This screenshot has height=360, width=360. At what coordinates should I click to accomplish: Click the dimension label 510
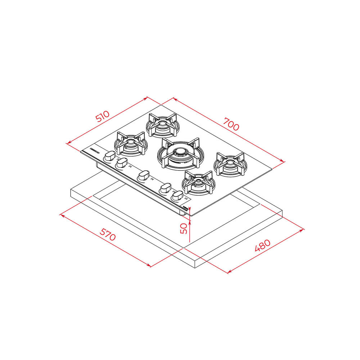(x=103, y=117)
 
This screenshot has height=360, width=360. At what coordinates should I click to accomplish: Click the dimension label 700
(x=231, y=124)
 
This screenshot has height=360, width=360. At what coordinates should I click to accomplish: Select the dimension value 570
(x=107, y=234)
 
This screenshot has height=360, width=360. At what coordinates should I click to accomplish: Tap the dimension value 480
(x=263, y=246)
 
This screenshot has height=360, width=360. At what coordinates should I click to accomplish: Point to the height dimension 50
(x=184, y=229)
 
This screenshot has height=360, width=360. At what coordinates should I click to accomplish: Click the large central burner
(x=180, y=154)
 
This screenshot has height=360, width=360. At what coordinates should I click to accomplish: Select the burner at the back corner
(x=163, y=125)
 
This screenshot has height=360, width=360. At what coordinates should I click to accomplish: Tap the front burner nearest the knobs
(x=198, y=183)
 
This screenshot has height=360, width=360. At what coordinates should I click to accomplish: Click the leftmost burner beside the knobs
(x=131, y=144)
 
